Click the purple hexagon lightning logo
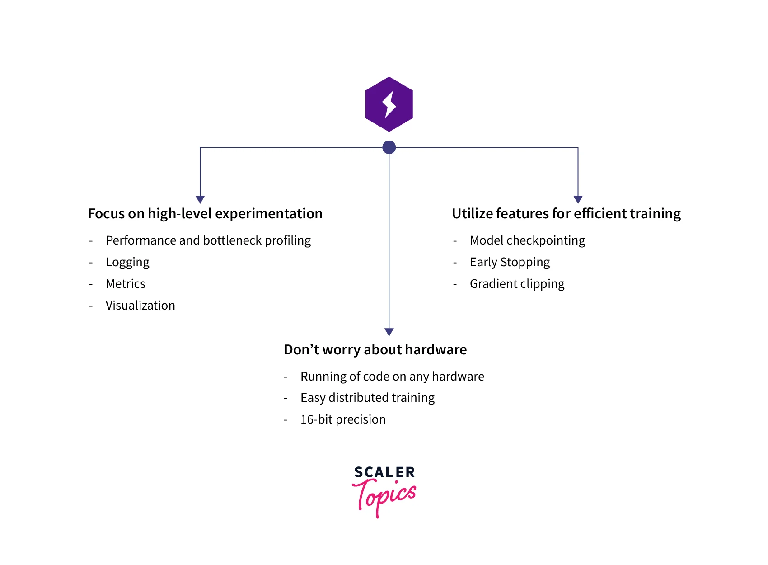click(389, 104)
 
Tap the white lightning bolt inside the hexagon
click(389, 104)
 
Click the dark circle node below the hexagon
click(389, 147)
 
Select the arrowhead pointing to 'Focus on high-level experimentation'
click(200, 199)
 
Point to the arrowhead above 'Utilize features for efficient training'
click(578, 199)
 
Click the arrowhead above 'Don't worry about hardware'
click(389, 332)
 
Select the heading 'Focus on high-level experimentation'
click(205, 213)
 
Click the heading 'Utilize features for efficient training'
click(566, 213)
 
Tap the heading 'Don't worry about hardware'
click(375, 350)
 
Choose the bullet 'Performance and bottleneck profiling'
click(208, 240)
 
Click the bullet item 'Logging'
click(127, 262)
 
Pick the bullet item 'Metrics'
click(126, 284)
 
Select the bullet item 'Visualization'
click(140, 306)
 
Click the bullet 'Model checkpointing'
click(527, 240)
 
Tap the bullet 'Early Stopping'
click(510, 262)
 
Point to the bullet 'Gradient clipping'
click(517, 284)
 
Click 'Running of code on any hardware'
click(392, 377)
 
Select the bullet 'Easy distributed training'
click(367, 398)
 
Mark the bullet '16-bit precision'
click(343, 419)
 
